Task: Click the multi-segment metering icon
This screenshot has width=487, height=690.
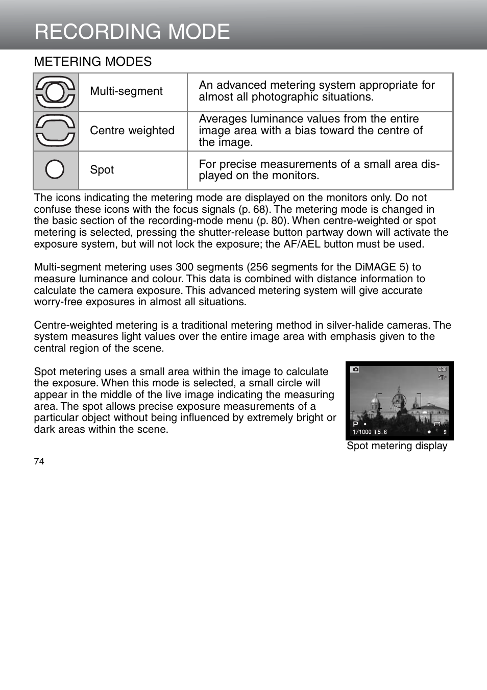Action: [x=56, y=92]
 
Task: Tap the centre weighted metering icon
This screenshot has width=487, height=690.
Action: [x=56, y=131]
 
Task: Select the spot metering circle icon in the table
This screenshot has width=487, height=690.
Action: [x=55, y=169]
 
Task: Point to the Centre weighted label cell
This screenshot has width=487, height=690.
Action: [x=132, y=131]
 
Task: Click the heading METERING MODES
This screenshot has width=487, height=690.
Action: [x=93, y=62]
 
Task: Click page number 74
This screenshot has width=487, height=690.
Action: [x=39, y=461]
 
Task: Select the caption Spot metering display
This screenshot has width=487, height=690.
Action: [x=397, y=446]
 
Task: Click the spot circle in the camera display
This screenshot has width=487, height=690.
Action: [x=399, y=401]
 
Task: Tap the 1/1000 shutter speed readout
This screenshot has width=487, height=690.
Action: [x=362, y=432]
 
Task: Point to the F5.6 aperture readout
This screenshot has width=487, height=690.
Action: [x=381, y=432]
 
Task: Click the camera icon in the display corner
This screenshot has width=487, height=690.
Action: [x=355, y=369]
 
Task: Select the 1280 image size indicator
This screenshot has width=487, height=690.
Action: [x=442, y=369]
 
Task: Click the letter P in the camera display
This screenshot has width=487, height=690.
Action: [x=355, y=424]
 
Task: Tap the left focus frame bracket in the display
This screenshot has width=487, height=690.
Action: [x=378, y=401]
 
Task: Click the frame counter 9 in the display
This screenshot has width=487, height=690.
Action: [x=445, y=432]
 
